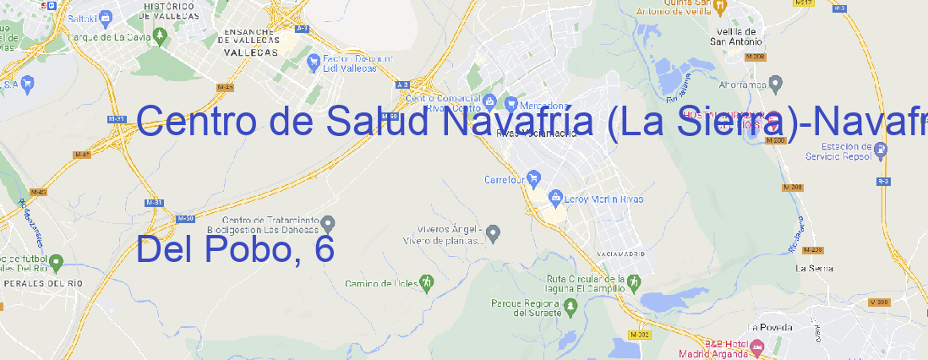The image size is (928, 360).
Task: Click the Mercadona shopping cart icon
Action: tap(511, 103)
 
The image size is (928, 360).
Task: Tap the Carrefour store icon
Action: tap(535, 178)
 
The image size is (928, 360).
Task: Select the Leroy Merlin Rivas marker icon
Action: tap(555, 199)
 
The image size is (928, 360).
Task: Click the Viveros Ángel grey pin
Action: tap(494, 232)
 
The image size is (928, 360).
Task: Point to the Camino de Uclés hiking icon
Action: tap(427, 282)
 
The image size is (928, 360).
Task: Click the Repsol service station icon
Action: tap(881, 150)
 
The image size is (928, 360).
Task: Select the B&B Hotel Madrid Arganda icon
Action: tap(757, 346)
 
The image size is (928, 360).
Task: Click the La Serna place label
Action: tap(815, 268)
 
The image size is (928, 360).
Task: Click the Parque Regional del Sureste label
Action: tap(526, 307)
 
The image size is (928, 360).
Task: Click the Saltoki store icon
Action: tap(106, 16)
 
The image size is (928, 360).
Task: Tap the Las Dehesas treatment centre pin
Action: tap(329, 223)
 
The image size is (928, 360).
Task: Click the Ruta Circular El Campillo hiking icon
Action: tap(633, 281)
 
